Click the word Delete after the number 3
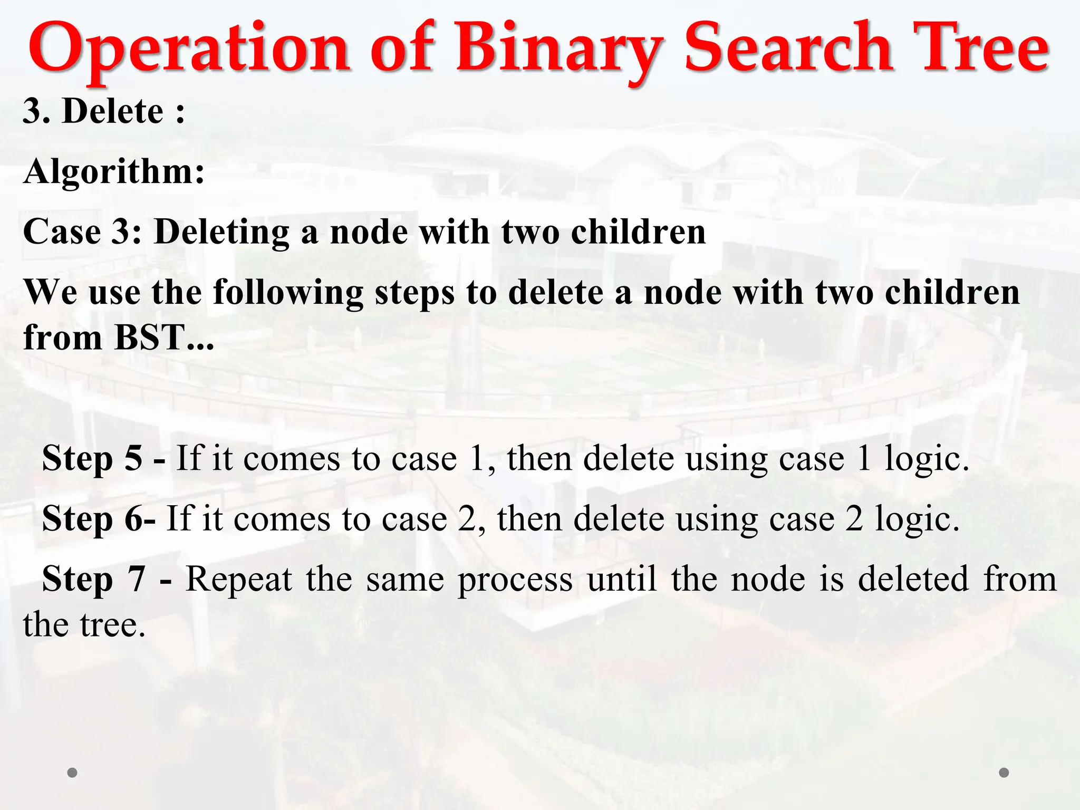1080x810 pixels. (x=113, y=111)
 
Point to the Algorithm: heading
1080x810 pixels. (x=114, y=172)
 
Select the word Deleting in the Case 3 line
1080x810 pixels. (x=221, y=233)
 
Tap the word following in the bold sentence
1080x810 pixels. (x=288, y=293)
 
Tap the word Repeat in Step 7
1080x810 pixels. (x=238, y=579)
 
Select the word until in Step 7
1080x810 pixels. (x=622, y=579)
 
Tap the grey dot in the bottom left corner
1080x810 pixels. (x=72, y=773)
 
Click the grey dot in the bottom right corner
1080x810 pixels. (x=1004, y=773)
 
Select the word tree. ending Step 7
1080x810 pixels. (x=112, y=625)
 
